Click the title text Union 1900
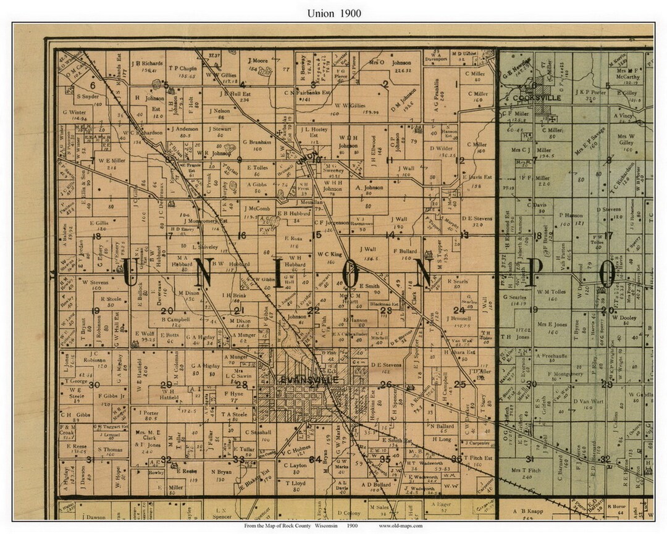(x=333, y=13)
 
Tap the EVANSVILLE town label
(x=308, y=380)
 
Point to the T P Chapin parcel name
(x=183, y=68)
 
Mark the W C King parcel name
(x=330, y=253)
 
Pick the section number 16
(x=241, y=235)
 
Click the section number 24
(x=458, y=310)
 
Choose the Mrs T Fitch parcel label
(x=526, y=470)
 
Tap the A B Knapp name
(x=527, y=511)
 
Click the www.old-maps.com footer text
(x=401, y=525)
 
